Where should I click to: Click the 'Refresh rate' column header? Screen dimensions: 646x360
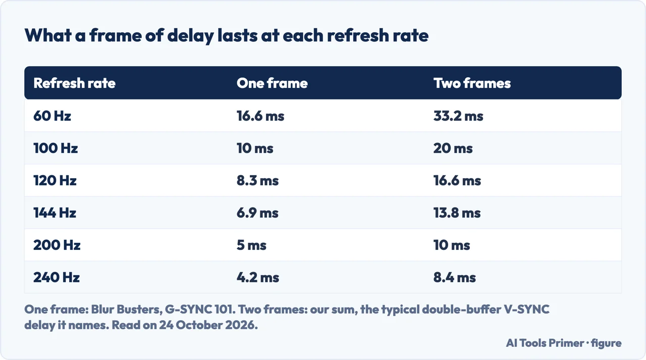tap(74, 83)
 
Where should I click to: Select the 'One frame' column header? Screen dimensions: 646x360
tap(272, 83)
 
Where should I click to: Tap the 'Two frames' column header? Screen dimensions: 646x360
tap(472, 83)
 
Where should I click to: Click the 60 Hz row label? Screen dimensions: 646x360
tap(52, 116)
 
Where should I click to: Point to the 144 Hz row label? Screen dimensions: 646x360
tap(55, 213)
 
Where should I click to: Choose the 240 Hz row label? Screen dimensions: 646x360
tap(57, 278)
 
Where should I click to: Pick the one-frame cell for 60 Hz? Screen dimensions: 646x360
tap(260, 116)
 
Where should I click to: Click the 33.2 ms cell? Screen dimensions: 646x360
tap(458, 116)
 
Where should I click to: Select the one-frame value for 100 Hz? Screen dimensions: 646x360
tap(255, 148)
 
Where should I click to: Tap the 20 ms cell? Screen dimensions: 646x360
tap(453, 148)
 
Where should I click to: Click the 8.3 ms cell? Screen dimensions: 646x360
tap(258, 181)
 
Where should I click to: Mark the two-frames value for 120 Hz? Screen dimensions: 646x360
tap(457, 181)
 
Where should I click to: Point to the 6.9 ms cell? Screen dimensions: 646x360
tap(257, 213)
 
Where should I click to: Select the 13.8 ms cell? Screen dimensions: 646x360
tap(457, 213)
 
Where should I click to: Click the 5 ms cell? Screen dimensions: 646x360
tap(251, 245)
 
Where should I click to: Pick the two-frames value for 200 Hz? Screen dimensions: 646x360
tap(452, 245)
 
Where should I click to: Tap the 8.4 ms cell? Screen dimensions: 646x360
tap(455, 278)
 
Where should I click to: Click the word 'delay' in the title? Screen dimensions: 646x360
tap(191, 36)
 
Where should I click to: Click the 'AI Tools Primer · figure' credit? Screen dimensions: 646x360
tap(564, 343)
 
